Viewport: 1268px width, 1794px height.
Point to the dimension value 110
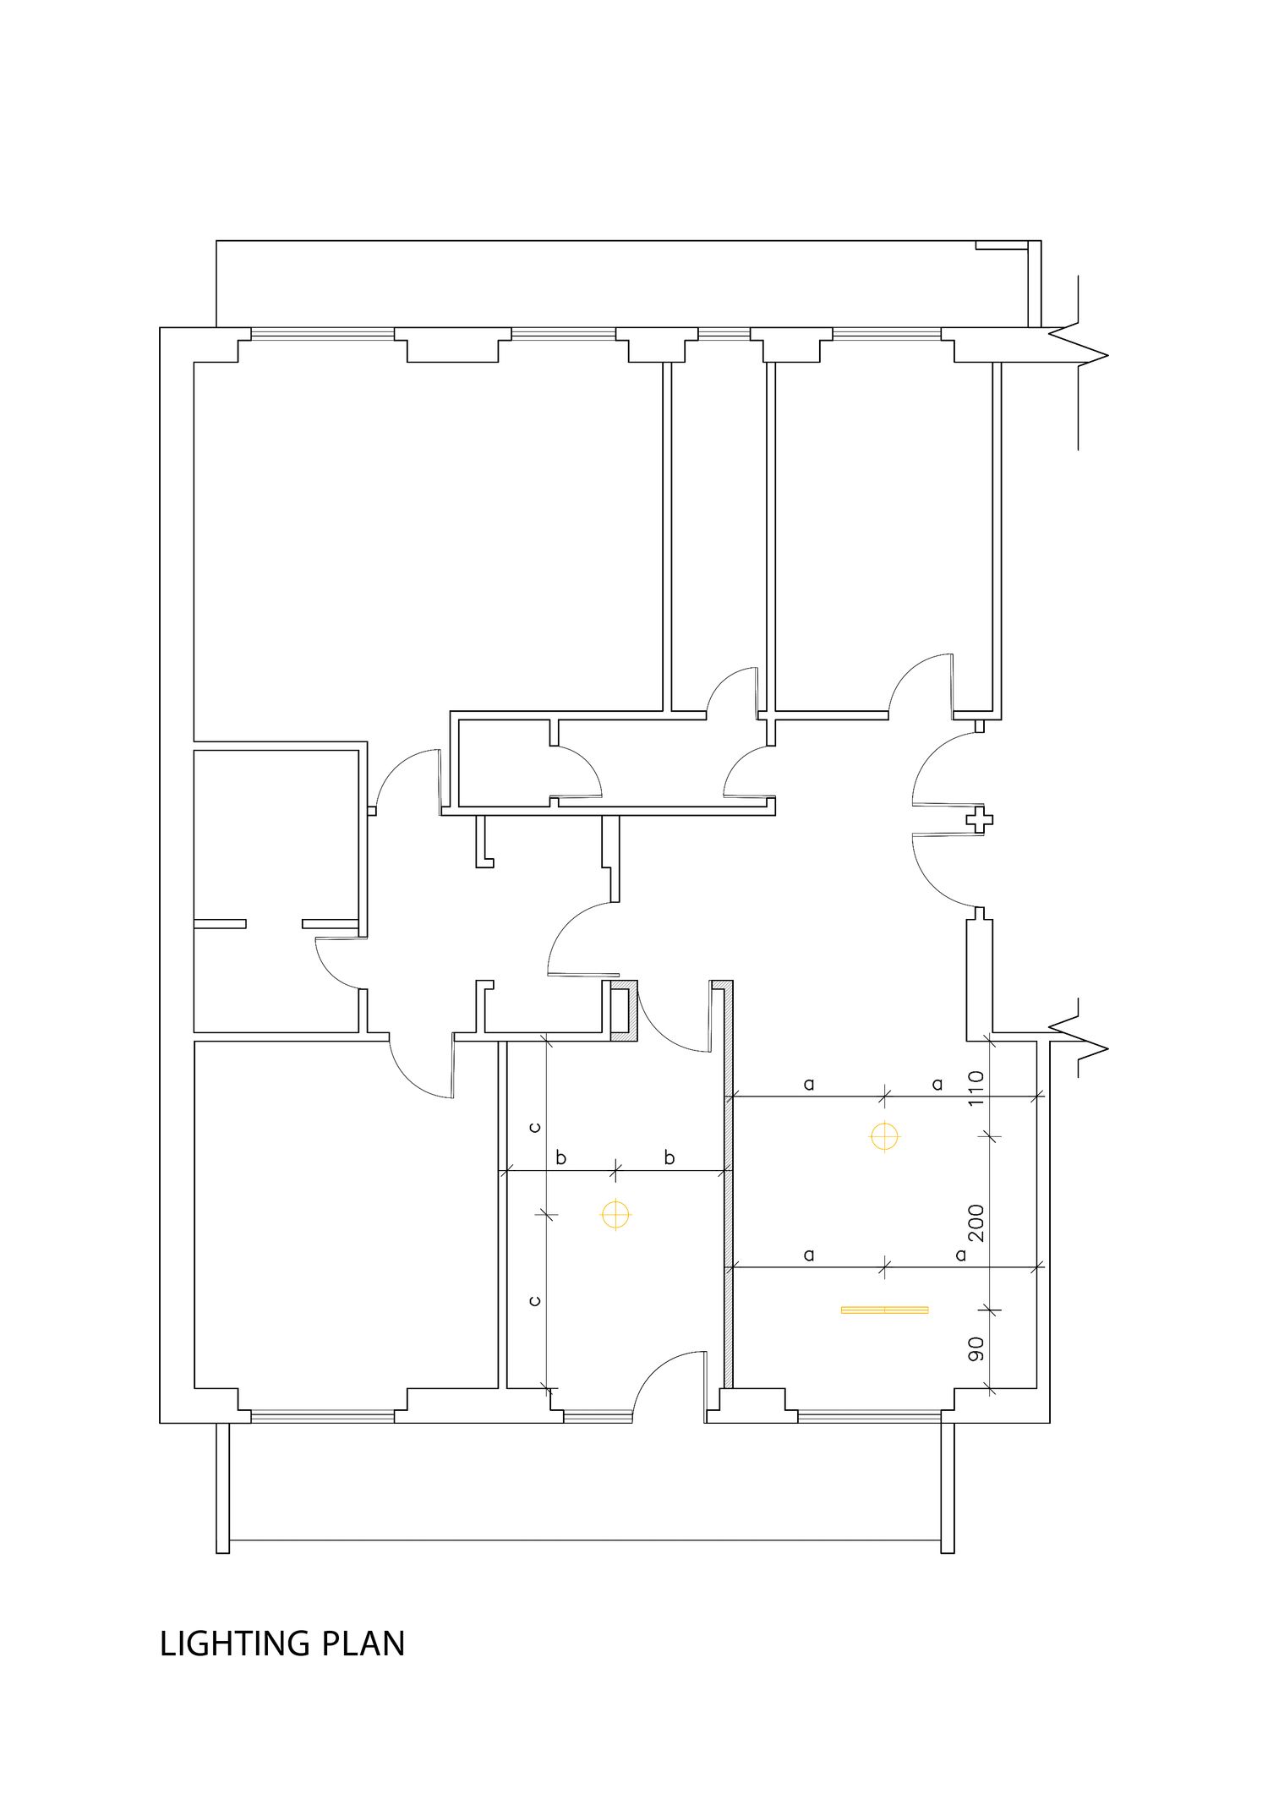pyautogui.click(x=976, y=1088)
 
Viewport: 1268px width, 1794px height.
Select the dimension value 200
pyautogui.click(x=976, y=1222)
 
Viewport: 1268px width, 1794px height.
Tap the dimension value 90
pyautogui.click(x=976, y=1348)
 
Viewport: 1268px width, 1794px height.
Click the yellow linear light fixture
pyautogui.click(x=885, y=1310)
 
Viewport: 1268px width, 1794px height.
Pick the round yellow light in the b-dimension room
pyautogui.click(x=615, y=1215)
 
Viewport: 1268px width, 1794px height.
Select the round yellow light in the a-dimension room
pyautogui.click(x=884, y=1137)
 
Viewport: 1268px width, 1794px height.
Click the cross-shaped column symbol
pyautogui.click(x=980, y=819)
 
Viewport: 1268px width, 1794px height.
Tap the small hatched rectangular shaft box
pyautogui.click(x=624, y=1010)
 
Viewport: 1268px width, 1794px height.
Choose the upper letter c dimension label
pyautogui.click(x=534, y=1127)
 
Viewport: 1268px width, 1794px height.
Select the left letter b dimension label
pyautogui.click(x=561, y=1157)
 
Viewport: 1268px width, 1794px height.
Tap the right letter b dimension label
pyautogui.click(x=670, y=1157)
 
